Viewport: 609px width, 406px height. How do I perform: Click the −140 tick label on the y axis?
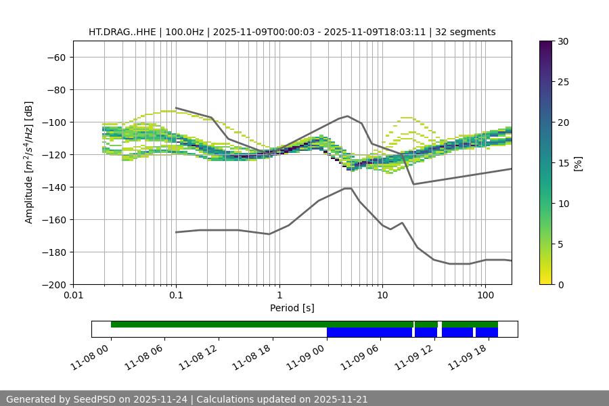(x=55, y=187)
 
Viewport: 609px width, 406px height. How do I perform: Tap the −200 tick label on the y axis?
(x=55, y=285)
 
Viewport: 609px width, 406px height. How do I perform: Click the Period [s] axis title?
(x=292, y=309)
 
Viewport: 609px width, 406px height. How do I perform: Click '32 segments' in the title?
(x=466, y=32)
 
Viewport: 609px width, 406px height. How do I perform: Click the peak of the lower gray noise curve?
(x=348, y=188)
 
